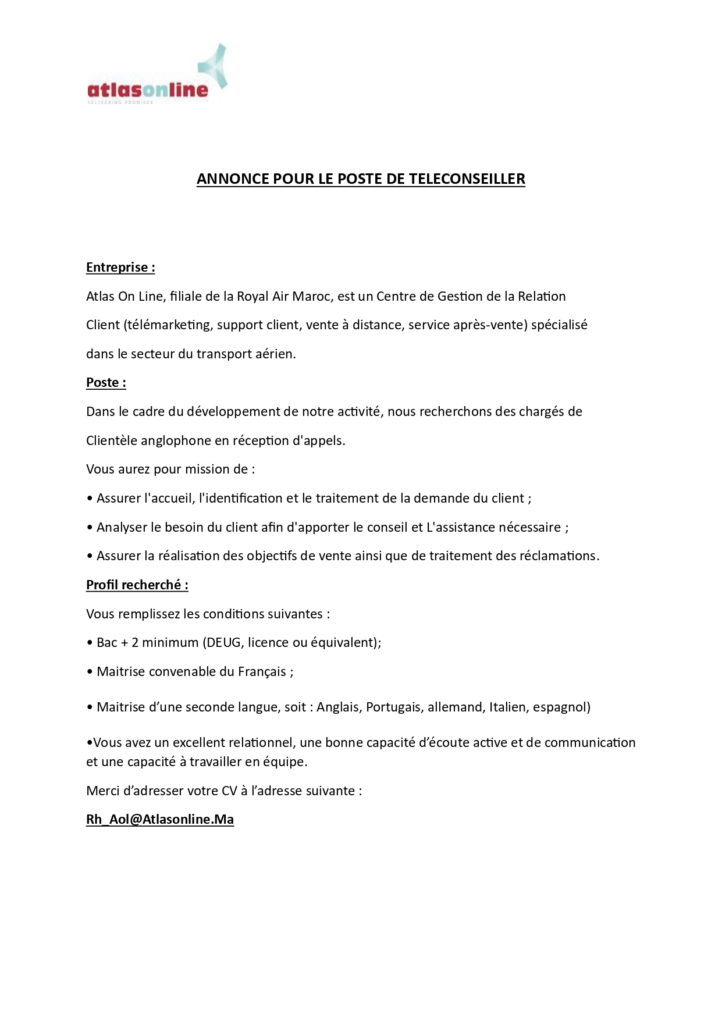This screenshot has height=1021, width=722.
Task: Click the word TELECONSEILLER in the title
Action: pos(467,179)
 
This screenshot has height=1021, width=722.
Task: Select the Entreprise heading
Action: pos(120,268)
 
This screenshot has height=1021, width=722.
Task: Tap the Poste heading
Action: pos(106,383)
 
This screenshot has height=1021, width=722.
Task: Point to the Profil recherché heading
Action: pos(137,585)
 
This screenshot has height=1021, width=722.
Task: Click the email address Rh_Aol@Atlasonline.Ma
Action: pos(160,820)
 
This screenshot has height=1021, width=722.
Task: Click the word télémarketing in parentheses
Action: pos(168,325)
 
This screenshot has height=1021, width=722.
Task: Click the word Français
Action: pos(262,672)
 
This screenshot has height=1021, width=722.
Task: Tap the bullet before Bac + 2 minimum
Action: pos(90,643)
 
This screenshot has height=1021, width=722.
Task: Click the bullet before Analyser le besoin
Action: pos(90,528)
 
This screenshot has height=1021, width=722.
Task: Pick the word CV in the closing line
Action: pos(229,791)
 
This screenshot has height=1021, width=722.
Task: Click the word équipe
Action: pos(287,762)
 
